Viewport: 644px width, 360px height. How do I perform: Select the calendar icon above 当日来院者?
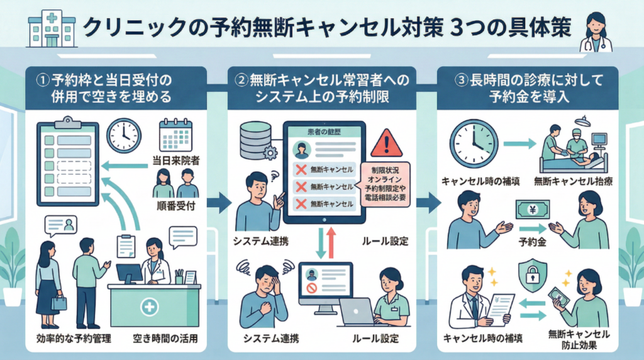(175, 134)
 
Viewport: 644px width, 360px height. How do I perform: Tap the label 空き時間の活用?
(166, 340)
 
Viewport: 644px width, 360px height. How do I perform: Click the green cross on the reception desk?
(149, 308)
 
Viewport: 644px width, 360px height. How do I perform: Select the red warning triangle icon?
(386, 145)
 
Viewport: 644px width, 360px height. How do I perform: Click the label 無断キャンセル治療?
(564, 181)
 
